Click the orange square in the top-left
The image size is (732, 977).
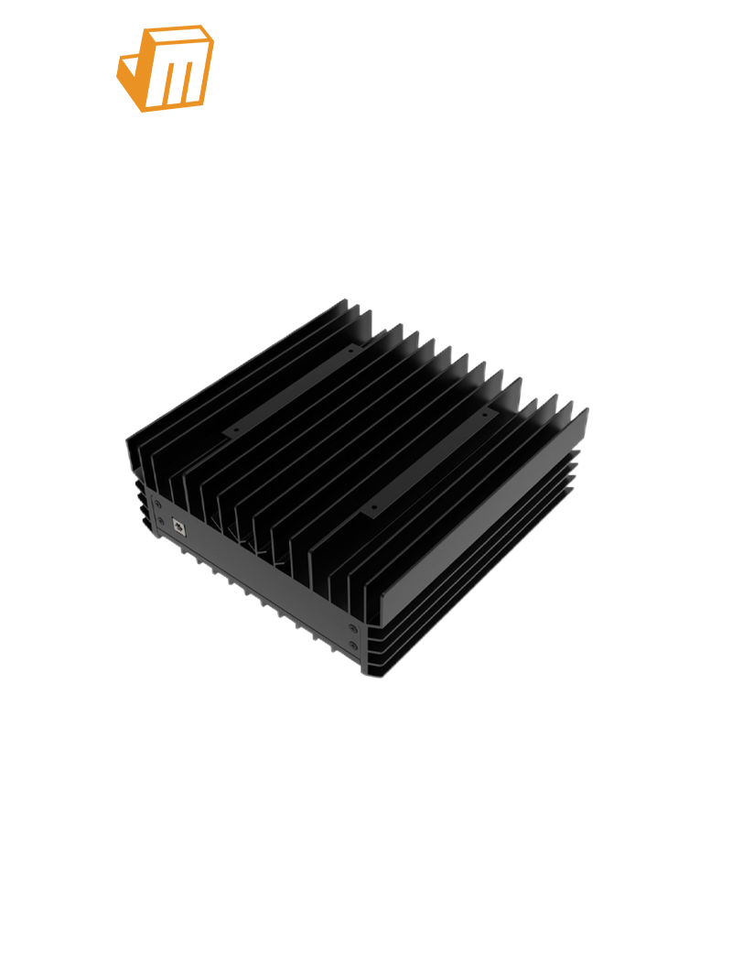(166, 69)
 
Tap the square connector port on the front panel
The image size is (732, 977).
(178, 526)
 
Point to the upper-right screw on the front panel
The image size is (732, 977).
(353, 627)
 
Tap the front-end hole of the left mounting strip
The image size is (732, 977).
(235, 428)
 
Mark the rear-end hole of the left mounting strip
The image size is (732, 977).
(349, 350)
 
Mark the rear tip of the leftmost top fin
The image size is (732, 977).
(345, 301)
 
